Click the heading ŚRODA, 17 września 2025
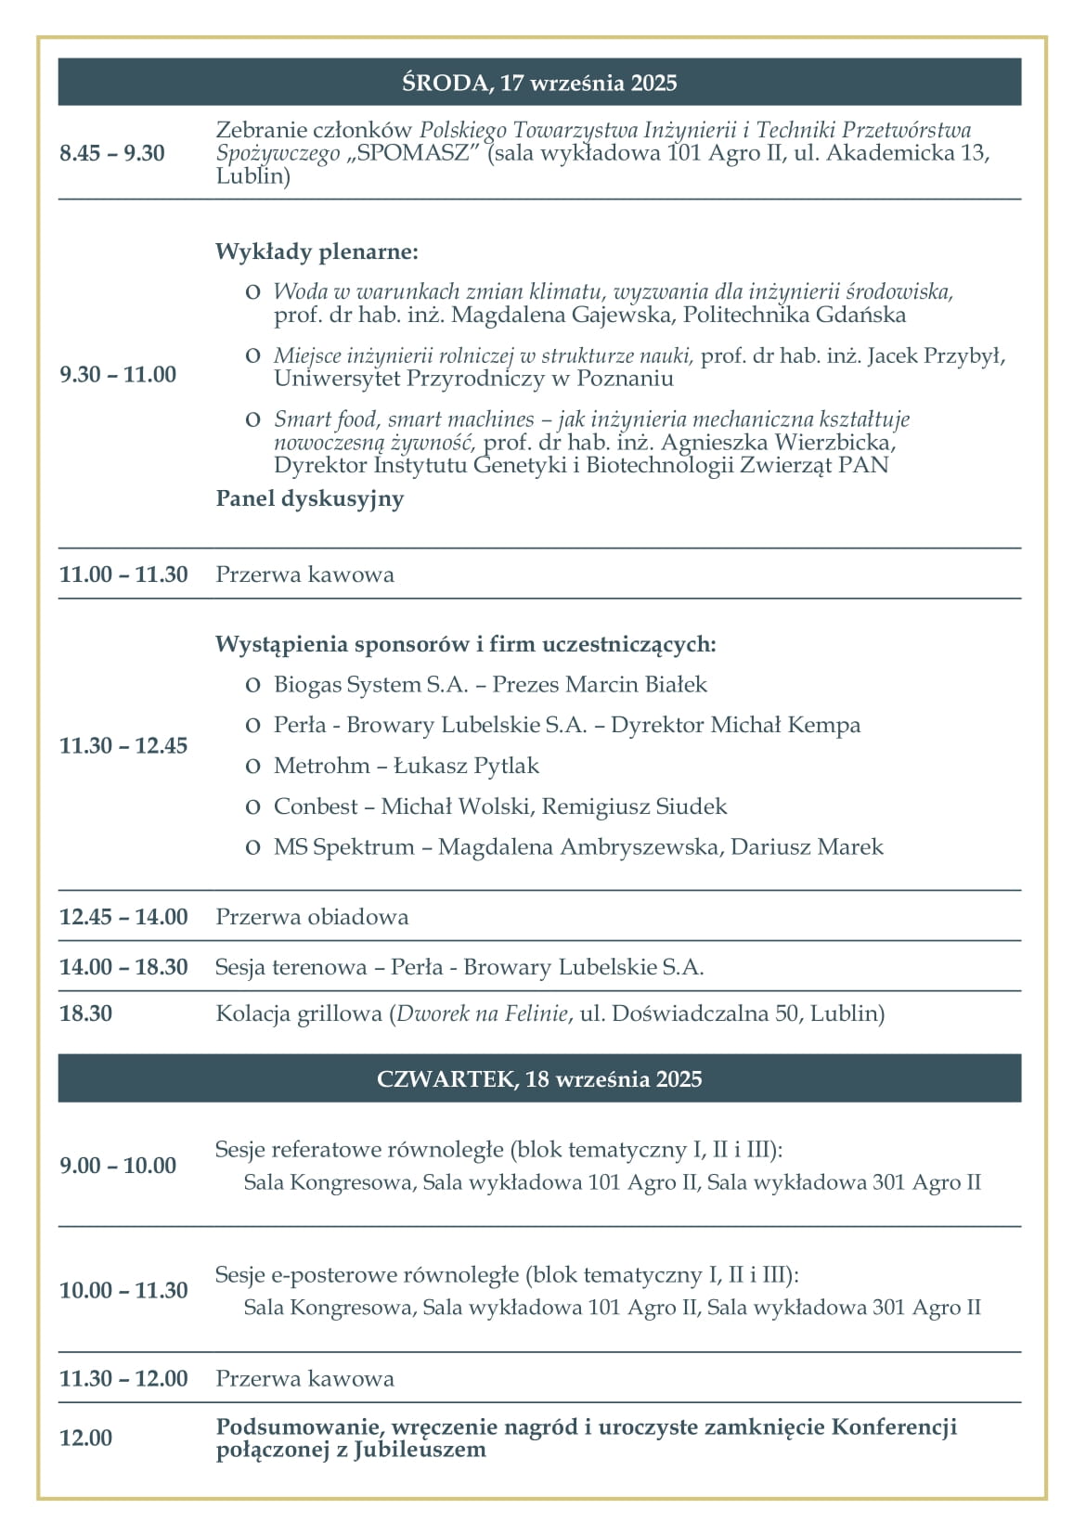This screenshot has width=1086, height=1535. pos(539,83)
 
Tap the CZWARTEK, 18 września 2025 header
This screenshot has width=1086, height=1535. pos(539,1078)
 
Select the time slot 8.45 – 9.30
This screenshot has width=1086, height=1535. pos(112,153)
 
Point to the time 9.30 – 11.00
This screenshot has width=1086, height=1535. pos(118,374)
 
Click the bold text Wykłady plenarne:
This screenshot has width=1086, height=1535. pos(317,252)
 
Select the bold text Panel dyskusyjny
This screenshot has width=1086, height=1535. pos(310,498)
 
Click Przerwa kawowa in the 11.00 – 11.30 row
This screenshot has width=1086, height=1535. pos(304,574)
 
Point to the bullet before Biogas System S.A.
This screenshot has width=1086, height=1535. pos(252,686)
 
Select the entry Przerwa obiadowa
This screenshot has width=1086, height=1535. pos(312,917)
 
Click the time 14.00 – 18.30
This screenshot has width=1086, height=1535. pos(123,967)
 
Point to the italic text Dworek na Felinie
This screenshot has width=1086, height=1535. pos(482,1013)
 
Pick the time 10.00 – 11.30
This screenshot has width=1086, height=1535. pos(123,1290)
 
